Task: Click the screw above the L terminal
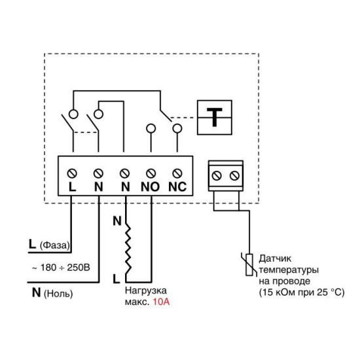point(72,173)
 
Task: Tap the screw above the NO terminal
point(151,173)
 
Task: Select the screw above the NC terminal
point(177,173)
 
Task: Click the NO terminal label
point(150,187)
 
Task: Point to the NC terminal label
point(177,187)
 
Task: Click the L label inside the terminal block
point(72,187)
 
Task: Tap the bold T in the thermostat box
point(215,117)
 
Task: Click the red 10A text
point(161,302)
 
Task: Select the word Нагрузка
point(146,291)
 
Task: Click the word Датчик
point(275,259)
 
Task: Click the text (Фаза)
point(54,245)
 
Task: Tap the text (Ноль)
point(58,294)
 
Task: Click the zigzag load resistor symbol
point(128,249)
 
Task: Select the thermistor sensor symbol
point(249,264)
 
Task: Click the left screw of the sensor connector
point(217,176)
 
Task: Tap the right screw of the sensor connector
point(234,176)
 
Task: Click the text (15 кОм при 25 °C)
point(302,293)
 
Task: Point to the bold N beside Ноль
point(36,293)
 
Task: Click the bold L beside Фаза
point(32,244)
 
